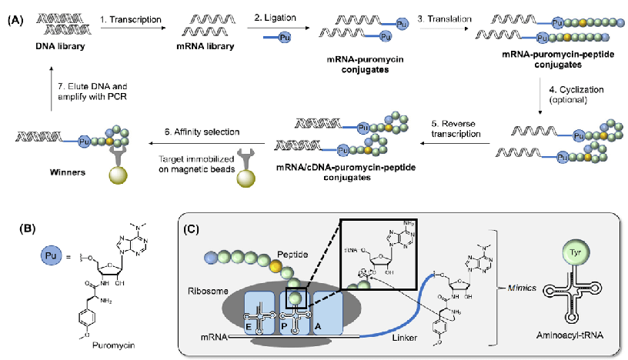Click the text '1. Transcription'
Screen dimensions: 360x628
(x=132, y=18)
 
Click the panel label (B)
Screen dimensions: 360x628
(x=15, y=227)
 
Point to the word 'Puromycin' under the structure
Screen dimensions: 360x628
(x=91, y=345)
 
